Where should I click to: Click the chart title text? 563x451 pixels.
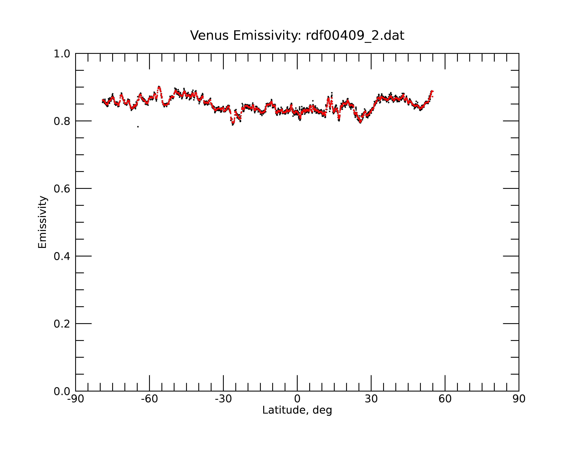(x=297, y=36)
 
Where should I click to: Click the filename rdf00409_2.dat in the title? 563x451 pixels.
(x=355, y=36)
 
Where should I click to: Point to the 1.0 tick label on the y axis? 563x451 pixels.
(x=62, y=54)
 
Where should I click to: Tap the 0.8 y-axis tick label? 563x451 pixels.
(x=62, y=121)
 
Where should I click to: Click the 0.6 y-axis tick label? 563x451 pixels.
(x=62, y=189)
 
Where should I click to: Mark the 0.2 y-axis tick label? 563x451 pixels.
(x=62, y=324)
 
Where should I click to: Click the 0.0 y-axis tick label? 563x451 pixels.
(x=62, y=391)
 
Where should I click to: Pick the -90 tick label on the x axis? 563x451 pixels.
(x=75, y=399)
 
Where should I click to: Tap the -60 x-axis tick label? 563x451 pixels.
(x=149, y=399)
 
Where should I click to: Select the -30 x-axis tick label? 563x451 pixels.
(x=223, y=399)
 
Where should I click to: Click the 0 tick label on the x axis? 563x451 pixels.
(x=297, y=399)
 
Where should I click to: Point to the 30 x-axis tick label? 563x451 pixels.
(x=371, y=399)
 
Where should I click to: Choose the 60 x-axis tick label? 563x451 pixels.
(x=445, y=399)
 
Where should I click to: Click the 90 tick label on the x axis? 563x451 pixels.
(x=519, y=399)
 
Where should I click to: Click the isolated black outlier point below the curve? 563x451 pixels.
(x=138, y=127)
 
